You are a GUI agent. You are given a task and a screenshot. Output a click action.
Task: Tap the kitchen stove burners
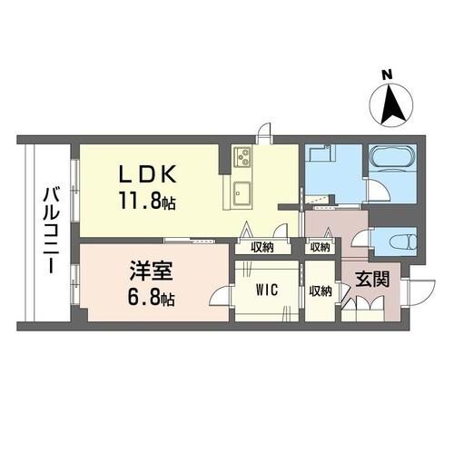(x=242, y=159)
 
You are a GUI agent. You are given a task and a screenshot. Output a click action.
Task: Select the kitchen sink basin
(x=243, y=192)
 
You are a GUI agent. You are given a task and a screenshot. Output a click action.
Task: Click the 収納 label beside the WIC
(x=319, y=291)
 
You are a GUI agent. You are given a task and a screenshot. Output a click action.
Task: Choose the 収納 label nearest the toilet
(x=319, y=247)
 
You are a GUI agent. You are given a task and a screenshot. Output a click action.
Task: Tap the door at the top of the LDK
(x=263, y=133)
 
